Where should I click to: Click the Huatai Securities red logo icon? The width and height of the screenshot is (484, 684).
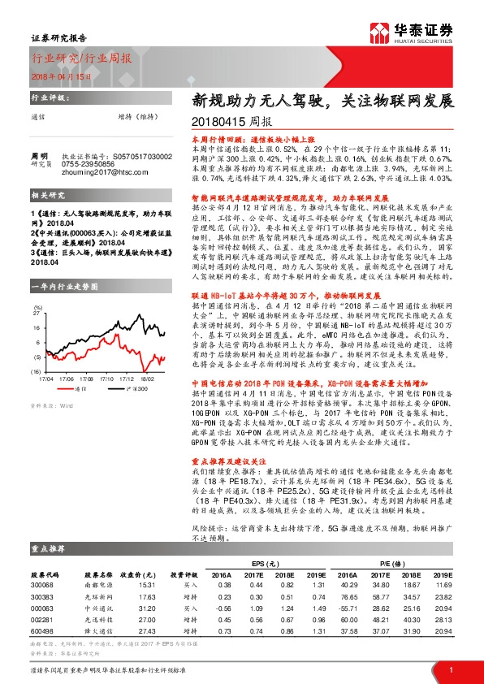click(x=378, y=32)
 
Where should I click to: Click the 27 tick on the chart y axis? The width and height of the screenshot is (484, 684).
click(x=37, y=288)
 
